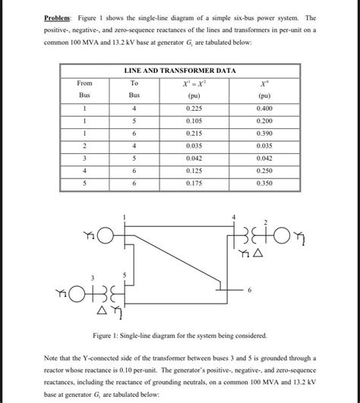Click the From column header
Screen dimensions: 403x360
coord(84,83)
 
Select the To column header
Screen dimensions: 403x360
coord(134,83)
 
